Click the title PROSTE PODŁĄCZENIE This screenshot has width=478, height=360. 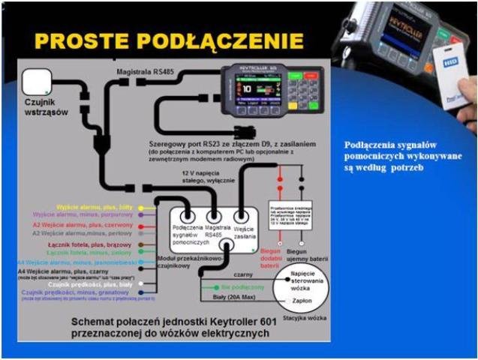(169, 40)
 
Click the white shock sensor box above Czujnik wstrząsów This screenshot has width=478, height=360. (37, 82)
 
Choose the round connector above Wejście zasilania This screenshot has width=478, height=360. (241, 215)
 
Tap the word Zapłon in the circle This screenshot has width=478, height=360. (302, 298)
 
